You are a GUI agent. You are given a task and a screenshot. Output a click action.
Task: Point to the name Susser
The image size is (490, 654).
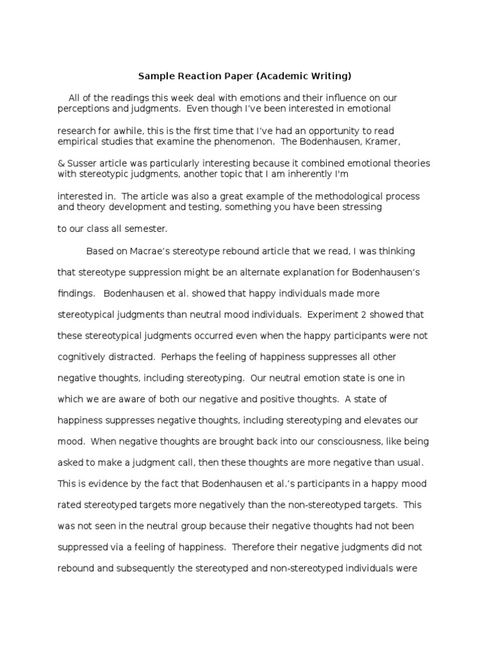click(82, 163)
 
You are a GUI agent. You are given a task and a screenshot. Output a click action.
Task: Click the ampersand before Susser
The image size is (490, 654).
click(61, 163)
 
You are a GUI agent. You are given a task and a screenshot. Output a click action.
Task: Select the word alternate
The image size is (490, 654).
click(238, 273)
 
